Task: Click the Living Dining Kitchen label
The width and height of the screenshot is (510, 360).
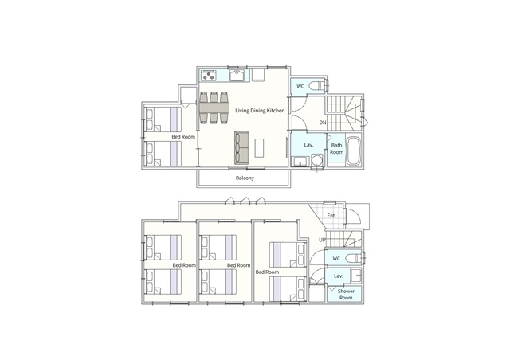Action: [x=260, y=111]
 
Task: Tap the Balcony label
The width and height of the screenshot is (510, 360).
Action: [x=245, y=178]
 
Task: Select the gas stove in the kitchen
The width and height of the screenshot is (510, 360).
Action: [x=209, y=75]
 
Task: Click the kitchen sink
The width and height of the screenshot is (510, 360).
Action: [x=238, y=75]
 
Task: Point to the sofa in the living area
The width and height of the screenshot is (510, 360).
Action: [x=241, y=147]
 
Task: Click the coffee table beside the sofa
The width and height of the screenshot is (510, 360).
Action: [x=259, y=148]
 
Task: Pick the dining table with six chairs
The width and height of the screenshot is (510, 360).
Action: [x=214, y=108]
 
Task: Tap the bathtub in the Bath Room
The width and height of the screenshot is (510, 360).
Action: [x=354, y=151]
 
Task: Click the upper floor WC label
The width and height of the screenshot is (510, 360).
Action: [x=300, y=86]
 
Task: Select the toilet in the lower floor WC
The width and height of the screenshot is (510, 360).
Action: [x=352, y=259]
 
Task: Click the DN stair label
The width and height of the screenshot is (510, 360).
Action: [x=322, y=123]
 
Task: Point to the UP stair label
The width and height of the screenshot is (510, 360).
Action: [x=322, y=240]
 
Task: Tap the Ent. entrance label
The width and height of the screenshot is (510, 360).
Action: [x=331, y=215]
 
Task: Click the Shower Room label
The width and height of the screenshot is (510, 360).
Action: [x=346, y=295]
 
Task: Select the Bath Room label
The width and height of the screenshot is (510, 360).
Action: [x=336, y=149]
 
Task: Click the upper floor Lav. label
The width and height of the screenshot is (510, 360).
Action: [x=308, y=145]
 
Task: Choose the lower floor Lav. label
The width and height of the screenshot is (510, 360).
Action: [x=339, y=276]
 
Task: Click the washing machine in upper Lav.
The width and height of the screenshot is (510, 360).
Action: [x=316, y=161]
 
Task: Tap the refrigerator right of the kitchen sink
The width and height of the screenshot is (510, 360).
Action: [x=258, y=75]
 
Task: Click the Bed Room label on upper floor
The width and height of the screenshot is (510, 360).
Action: [x=183, y=137]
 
